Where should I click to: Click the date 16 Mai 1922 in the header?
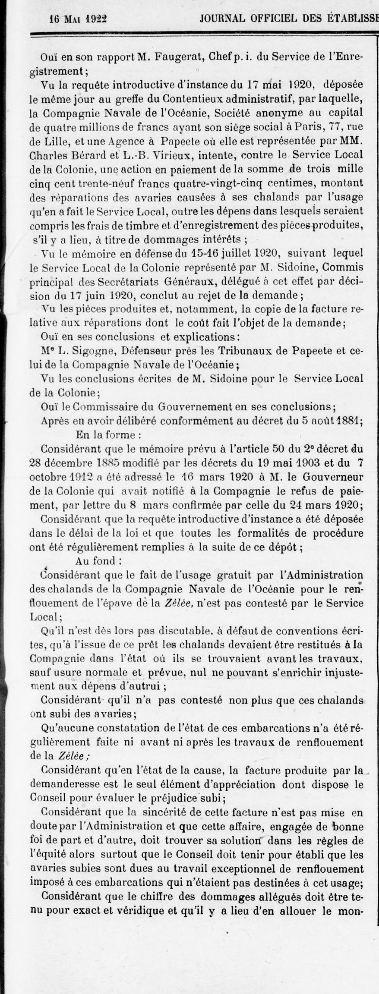79,19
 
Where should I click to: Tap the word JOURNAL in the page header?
222,19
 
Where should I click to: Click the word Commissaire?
104,406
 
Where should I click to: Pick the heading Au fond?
98,561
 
